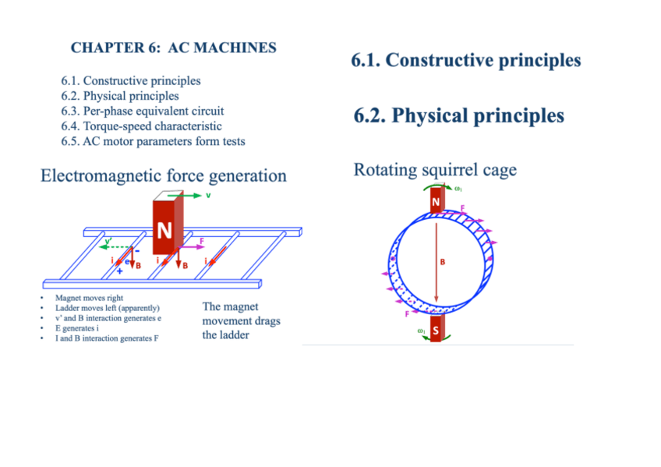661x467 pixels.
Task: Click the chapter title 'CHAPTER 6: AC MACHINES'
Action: pyautogui.click(x=173, y=48)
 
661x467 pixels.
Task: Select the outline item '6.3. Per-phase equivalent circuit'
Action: pyautogui.click(x=143, y=111)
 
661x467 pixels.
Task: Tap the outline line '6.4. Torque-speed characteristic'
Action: pyautogui.click(x=141, y=126)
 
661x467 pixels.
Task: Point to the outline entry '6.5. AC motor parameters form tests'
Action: pyautogui.click(x=153, y=141)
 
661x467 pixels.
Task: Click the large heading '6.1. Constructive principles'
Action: pyautogui.click(x=466, y=60)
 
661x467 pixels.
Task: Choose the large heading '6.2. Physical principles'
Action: pyautogui.click(x=458, y=116)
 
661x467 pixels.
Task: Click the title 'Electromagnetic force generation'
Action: pyautogui.click(x=164, y=176)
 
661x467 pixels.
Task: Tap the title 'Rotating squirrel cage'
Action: pyautogui.click(x=434, y=170)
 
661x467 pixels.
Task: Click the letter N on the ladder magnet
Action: pyautogui.click(x=164, y=231)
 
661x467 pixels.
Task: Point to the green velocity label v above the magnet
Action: pyautogui.click(x=208, y=196)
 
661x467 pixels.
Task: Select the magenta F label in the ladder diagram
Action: pyautogui.click(x=203, y=241)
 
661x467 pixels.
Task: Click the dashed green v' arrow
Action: pyautogui.click(x=117, y=245)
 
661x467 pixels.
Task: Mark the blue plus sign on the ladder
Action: pyautogui.click(x=119, y=271)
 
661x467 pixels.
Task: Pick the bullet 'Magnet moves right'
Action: pyautogui.click(x=89, y=298)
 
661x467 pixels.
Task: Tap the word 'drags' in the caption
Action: pyautogui.click(x=264, y=321)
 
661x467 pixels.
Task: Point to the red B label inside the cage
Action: pyautogui.click(x=443, y=262)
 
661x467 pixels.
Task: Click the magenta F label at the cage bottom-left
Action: pyautogui.click(x=406, y=315)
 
